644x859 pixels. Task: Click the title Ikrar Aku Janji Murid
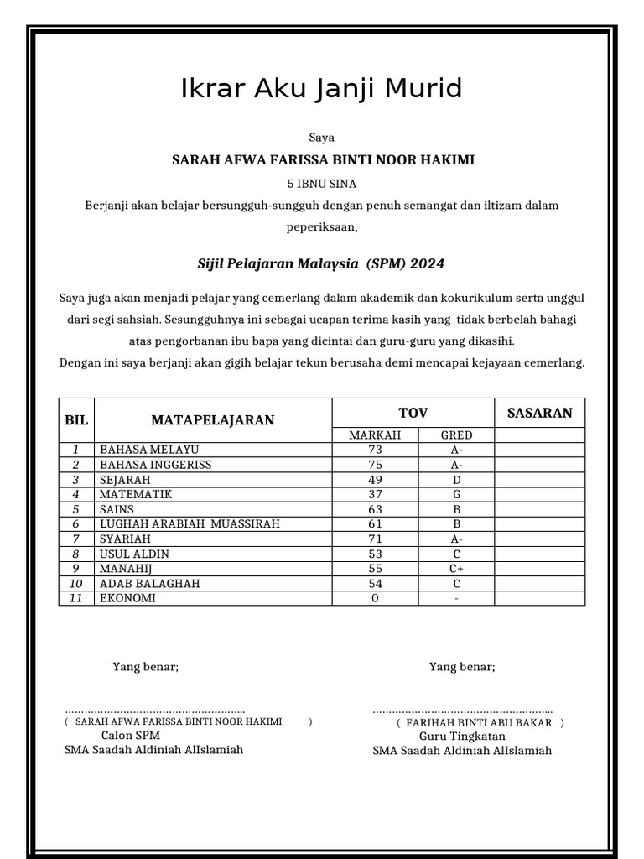click(321, 88)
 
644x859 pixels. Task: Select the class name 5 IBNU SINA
click(322, 183)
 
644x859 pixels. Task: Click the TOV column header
click(413, 413)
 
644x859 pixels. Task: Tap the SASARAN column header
click(539, 413)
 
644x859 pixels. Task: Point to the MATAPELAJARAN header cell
click(212, 420)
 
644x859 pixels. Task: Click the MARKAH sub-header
click(375, 435)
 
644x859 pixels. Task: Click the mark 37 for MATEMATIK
click(375, 494)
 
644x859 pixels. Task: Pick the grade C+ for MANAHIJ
click(456, 568)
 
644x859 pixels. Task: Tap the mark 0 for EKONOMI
click(375, 598)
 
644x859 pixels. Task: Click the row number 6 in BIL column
click(75, 524)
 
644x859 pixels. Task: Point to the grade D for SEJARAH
click(456, 480)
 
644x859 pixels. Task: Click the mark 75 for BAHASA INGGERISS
click(375, 465)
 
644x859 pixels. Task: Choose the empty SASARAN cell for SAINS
click(539, 509)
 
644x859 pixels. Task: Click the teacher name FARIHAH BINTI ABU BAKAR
click(479, 722)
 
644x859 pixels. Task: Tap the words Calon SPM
click(130, 736)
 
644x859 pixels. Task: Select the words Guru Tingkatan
click(460, 737)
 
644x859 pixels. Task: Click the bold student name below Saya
click(323, 159)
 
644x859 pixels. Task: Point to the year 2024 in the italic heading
click(427, 264)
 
